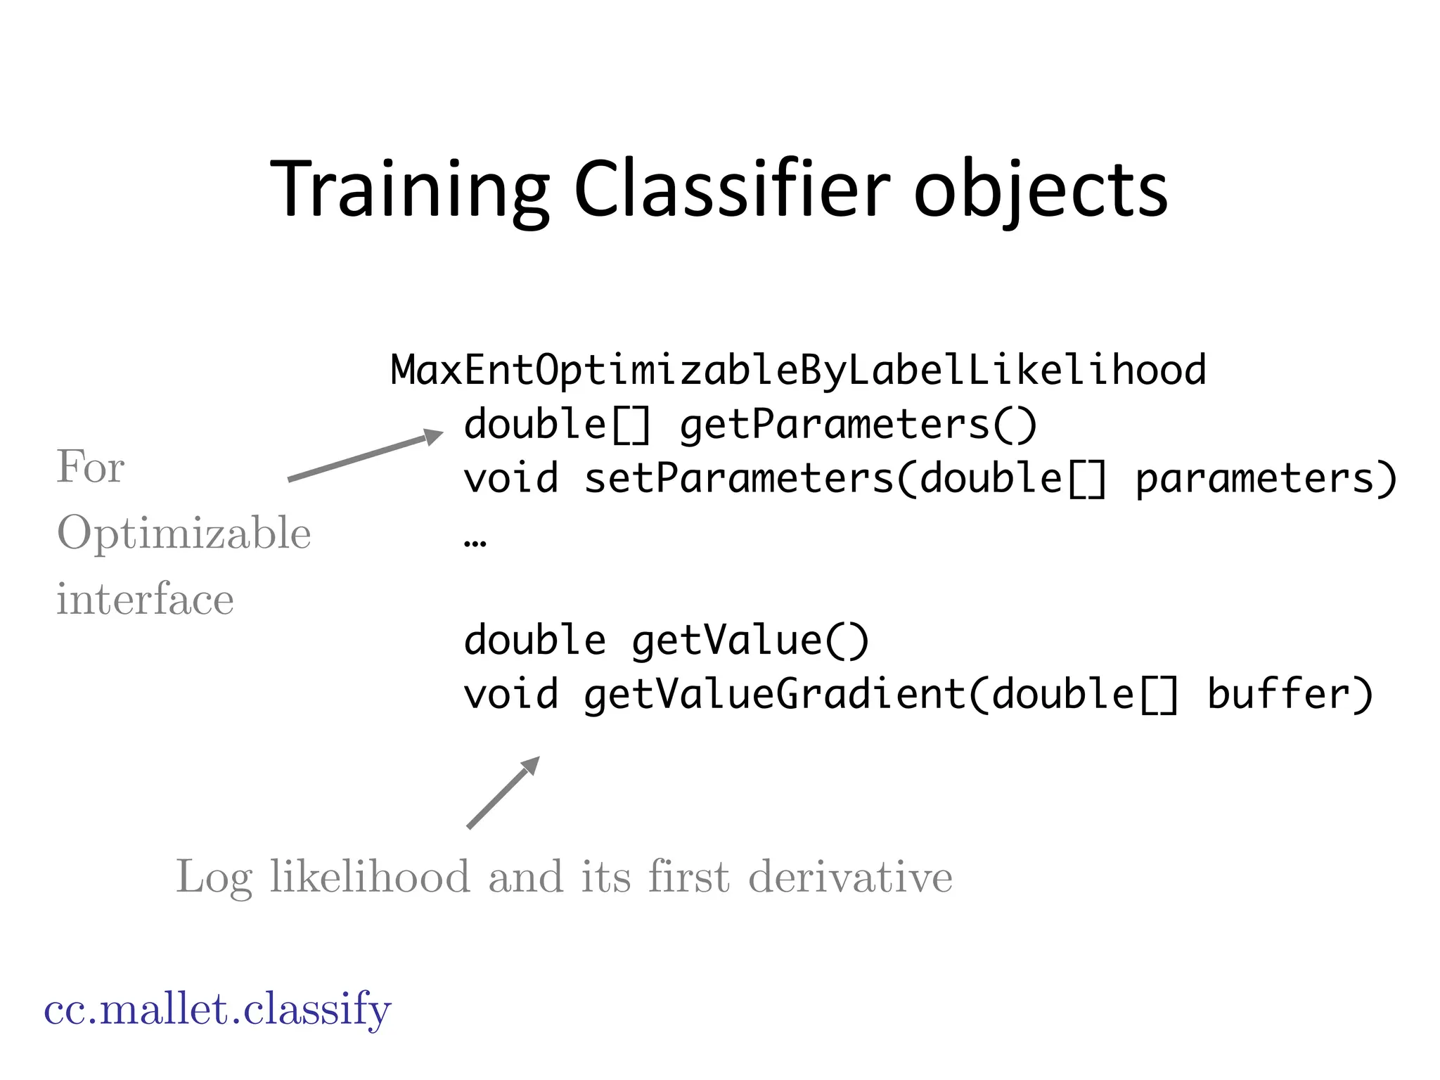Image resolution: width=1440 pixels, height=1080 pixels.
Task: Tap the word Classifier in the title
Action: point(732,190)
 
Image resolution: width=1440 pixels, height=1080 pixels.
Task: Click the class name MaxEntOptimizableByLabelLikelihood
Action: point(798,371)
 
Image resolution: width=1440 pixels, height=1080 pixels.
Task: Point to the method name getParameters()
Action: point(858,425)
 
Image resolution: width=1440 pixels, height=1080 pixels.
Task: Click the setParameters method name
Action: point(738,479)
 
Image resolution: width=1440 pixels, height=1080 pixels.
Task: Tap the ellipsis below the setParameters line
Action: point(475,541)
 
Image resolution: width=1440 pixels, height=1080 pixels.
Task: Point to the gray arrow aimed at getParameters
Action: point(366,457)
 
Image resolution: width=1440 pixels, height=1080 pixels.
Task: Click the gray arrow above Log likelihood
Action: point(503,792)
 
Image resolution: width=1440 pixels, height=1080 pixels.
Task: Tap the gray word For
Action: point(90,467)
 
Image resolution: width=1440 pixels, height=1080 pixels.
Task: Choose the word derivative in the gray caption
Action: point(850,877)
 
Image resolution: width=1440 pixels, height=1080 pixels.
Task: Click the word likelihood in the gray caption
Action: point(370,877)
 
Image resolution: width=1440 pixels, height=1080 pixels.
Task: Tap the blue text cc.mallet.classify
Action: point(217,1010)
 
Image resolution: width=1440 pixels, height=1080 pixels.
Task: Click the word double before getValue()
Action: point(534,641)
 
